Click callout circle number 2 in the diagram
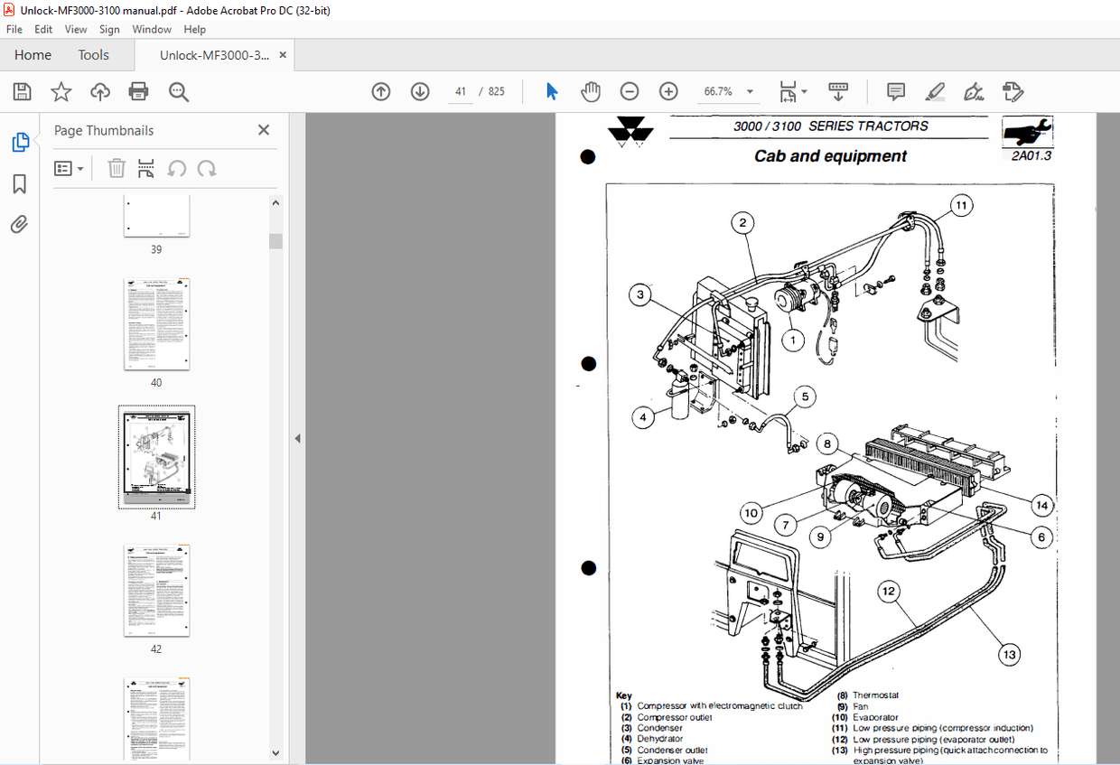[x=742, y=222]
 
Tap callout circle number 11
[x=961, y=206]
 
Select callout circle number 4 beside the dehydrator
[x=643, y=418]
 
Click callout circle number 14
[x=1042, y=505]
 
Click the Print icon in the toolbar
[x=138, y=91]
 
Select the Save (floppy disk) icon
[x=23, y=91]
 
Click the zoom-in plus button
[x=668, y=91]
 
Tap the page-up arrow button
[x=381, y=91]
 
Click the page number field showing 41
[x=461, y=91]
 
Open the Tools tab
[x=93, y=55]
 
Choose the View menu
[x=76, y=29]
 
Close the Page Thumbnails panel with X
[x=264, y=130]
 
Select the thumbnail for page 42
[x=157, y=591]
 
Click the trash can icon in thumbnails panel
[x=117, y=168]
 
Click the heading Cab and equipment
[x=830, y=156]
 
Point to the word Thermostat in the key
[x=875, y=695]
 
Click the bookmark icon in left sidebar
[x=19, y=184]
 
